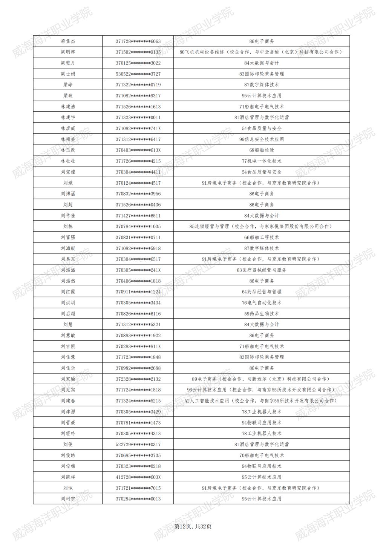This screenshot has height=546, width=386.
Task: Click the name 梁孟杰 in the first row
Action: pyautogui.click(x=68, y=41)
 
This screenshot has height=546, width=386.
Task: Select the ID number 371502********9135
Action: pyautogui.click(x=138, y=52)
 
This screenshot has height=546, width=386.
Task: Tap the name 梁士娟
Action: pyautogui.click(x=68, y=74)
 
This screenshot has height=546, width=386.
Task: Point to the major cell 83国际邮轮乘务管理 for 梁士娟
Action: pyautogui.click(x=262, y=74)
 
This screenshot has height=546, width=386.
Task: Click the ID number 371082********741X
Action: pyautogui.click(x=138, y=129)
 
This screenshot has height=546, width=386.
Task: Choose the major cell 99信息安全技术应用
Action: pyautogui.click(x=262, y=140)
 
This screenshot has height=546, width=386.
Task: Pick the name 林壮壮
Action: pyautogui.click(x=68, y=161)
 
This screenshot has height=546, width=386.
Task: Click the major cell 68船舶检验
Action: pyautogui.click(x=262, y=150)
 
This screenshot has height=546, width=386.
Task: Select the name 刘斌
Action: pyautogui.click(x=68, y=183)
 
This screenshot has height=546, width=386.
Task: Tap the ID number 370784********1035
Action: pyautogui.click(x=138, y=227)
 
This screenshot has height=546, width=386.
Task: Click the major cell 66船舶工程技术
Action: pyautogui.click(x=262, y=238)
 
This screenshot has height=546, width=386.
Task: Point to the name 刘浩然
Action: pyautogui.click(x=68, y=281)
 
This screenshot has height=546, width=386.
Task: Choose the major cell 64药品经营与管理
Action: pyautogui.click(x=262, y=292)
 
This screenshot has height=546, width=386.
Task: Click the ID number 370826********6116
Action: pyautogui.click(x=138, y=314)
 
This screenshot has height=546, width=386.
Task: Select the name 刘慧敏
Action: pyautogui.click(x=68, y=336)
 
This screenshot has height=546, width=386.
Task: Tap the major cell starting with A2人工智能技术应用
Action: pyautogui.click(x=262, y=401)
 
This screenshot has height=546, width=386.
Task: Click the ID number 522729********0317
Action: pyautogui.click(x=138, y=445)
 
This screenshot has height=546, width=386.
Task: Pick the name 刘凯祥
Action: pyautogui.click(x=68, y=477)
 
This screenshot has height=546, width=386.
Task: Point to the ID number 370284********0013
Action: pyautogui.click(x=138, y=499)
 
